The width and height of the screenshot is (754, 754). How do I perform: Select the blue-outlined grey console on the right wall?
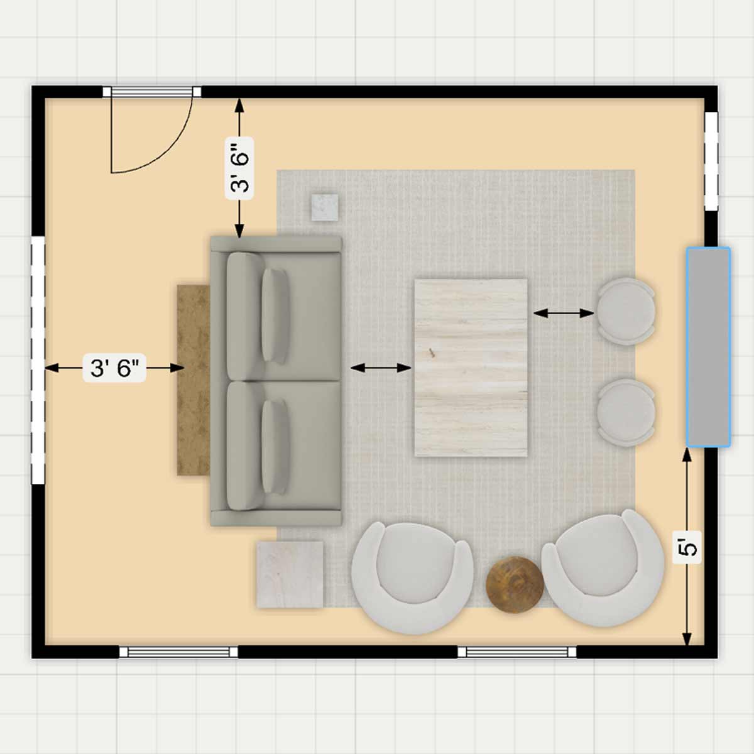[708, 347]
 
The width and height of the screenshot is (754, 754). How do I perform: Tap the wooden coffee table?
[471, 368]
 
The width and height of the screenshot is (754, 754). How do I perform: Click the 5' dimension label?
[687, 547]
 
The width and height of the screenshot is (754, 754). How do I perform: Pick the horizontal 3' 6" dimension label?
[114, 368]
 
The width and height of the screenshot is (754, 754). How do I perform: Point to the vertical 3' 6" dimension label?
[239, 168]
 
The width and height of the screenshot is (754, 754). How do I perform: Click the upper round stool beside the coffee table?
[626, 312]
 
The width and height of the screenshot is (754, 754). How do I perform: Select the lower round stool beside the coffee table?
[626, 412]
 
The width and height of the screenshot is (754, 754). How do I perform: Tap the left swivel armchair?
[412, 577]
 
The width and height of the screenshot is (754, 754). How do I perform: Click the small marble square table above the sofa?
[324, 207]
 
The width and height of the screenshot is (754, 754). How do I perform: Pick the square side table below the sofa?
[290, 574]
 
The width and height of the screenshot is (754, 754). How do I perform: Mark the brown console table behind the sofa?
[194, 380]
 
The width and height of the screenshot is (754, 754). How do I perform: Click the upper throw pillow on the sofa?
[275, 316]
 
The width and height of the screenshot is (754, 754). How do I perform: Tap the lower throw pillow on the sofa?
[275, 446]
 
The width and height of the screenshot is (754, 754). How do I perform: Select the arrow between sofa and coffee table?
[381, 368]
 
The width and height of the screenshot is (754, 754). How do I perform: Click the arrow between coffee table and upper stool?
[564, 313]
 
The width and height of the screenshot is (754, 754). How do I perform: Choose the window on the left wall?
[38, 360]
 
